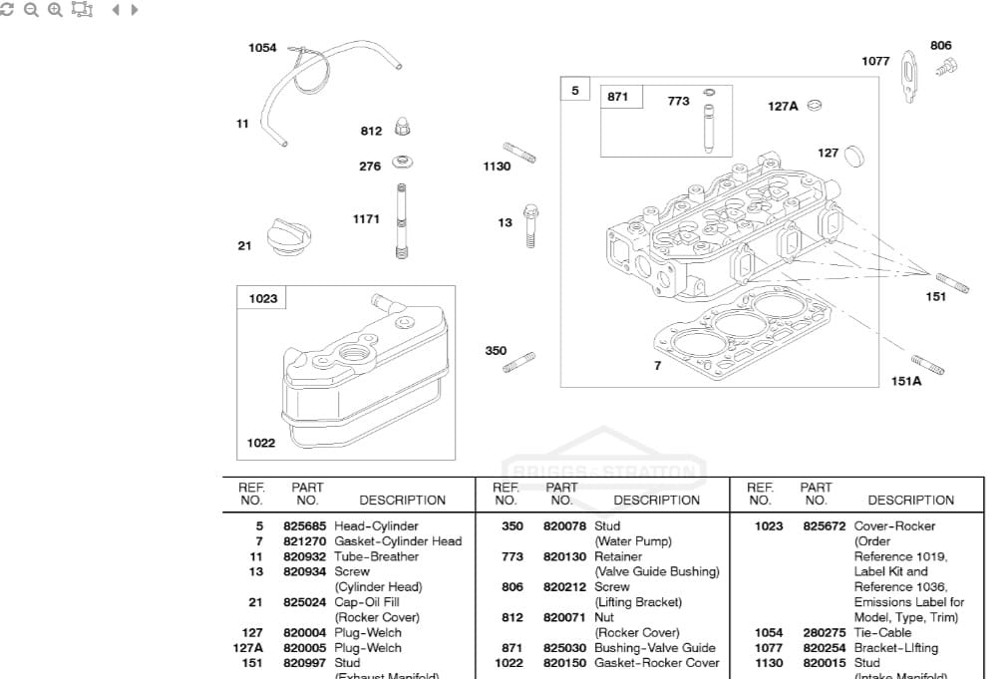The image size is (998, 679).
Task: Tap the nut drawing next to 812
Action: [402, 128]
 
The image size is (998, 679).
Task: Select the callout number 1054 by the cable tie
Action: [262, 48]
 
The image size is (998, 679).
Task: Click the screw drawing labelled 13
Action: [531, 224]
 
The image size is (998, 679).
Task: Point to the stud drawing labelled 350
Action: [519, 362]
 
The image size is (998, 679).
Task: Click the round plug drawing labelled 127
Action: [853, 156]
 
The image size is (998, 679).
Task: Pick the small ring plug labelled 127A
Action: [815, 106]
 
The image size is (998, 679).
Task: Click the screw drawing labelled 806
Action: [946, 67]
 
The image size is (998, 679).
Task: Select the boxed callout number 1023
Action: [263, 298]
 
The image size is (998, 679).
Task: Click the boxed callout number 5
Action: [574, 91]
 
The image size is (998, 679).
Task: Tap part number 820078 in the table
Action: [565, 525]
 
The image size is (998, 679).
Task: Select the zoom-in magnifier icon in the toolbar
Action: [55, 9]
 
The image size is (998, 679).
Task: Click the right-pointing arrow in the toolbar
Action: [135, 9]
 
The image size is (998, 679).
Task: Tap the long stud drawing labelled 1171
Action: [402, 221]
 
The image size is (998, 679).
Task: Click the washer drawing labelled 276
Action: [403, 162]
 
